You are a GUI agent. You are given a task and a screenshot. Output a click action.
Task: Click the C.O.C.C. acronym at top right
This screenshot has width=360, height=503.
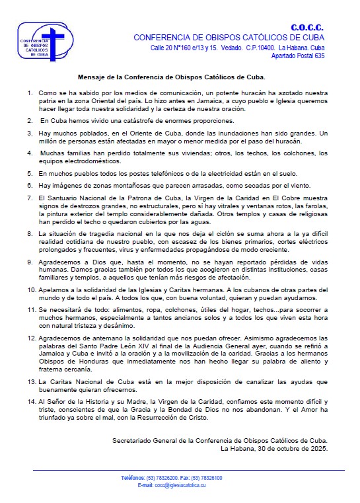(307, 27)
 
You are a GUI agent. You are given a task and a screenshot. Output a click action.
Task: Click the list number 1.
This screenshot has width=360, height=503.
(30, 93)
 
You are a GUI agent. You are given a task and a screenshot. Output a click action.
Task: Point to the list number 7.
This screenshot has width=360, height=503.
(30, 198)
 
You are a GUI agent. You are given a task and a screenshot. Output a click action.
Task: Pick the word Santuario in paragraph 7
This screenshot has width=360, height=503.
(61, 198)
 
